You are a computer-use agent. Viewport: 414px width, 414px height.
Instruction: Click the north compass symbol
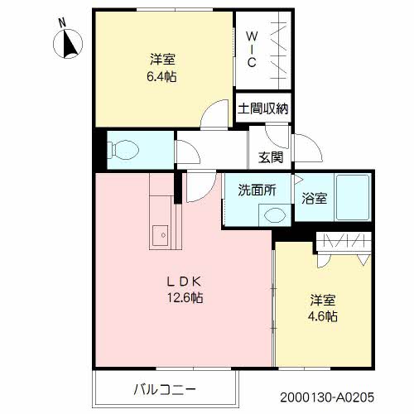tap(68, 44)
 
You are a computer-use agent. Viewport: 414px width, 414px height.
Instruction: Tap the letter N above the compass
tap(63, 22)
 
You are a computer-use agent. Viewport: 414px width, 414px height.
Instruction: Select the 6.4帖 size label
tap(161, 76)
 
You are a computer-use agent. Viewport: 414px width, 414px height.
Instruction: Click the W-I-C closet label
tap(252, 50)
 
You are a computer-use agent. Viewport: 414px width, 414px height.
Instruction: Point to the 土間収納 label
tap(263, 108)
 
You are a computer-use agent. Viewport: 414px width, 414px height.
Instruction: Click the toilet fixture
tap(123, 150)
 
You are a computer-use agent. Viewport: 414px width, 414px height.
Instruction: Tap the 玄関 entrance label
tap(271, 157)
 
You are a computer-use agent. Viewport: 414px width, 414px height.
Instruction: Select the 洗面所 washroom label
tap(257, 190)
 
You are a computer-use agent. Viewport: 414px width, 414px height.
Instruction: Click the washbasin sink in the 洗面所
tap(274, 215)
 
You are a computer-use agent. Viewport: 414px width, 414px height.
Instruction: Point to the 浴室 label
tap(315, 198)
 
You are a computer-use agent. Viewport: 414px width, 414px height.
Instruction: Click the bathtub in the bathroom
tap(353, 197)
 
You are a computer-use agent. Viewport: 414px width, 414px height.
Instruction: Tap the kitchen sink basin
tap(161, 235)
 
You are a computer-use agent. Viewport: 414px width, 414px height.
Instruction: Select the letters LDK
tap(184, 282)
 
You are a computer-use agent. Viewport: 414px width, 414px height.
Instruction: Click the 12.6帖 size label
tap(185, 297)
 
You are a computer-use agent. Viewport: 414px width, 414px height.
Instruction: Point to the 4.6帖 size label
tap(323, 316)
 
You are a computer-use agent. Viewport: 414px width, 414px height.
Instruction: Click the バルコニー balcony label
tap(165, 390)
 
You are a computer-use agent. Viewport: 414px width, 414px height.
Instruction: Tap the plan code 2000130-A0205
tap(327, 397)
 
